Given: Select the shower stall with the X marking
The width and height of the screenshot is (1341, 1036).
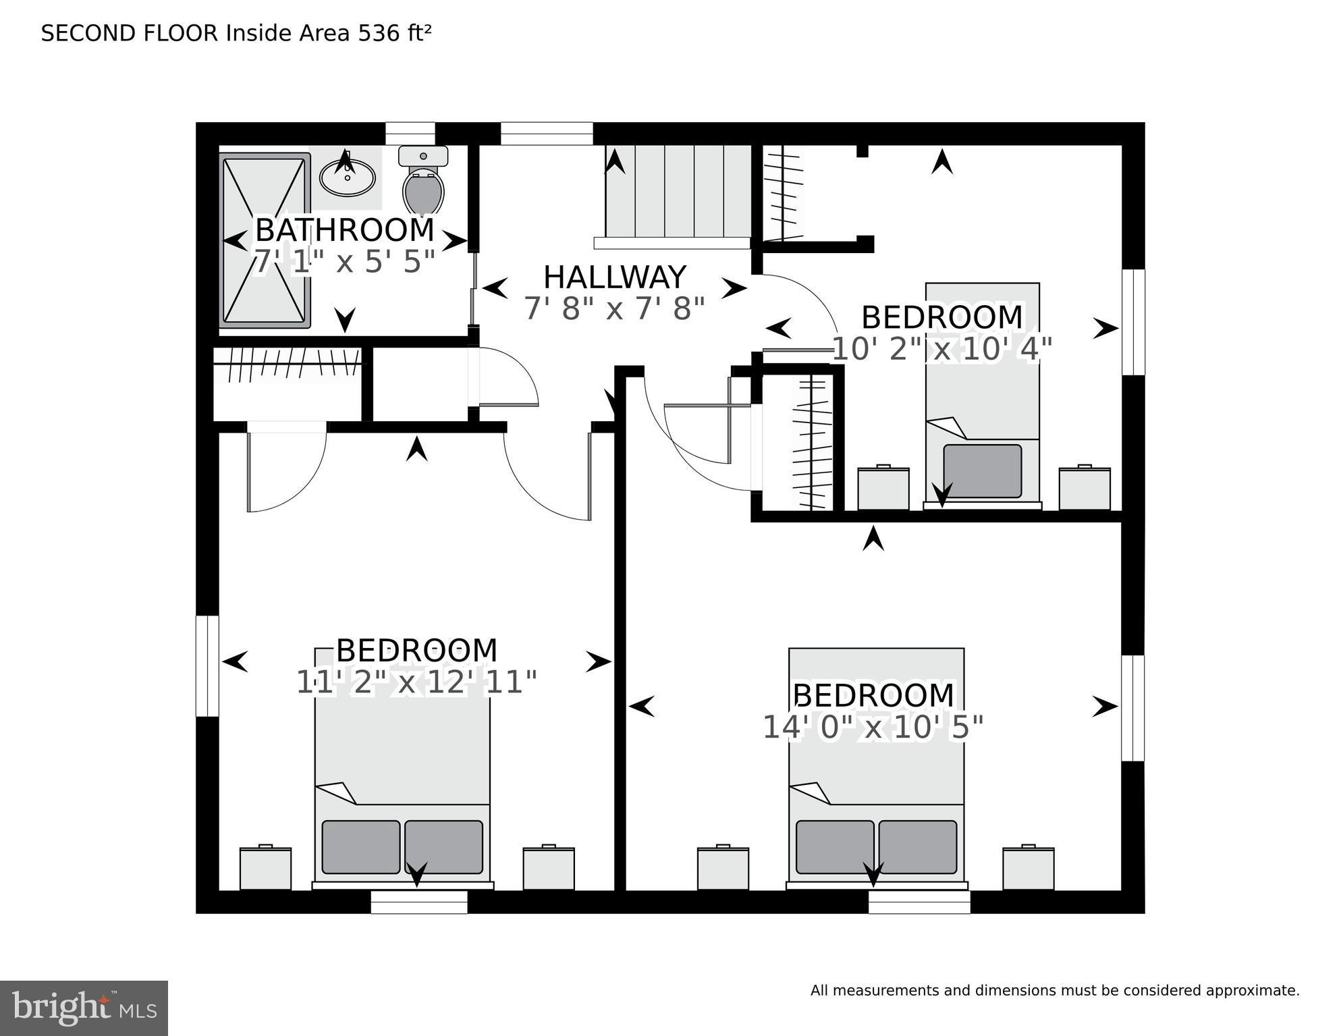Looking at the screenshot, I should pyautogui.click(x=265, y=241).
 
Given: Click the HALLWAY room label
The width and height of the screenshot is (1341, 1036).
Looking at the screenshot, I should pyautogui.click(x=614, y=277).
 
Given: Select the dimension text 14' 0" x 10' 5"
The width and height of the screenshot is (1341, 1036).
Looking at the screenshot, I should pyautogui.click(x=873, y=728).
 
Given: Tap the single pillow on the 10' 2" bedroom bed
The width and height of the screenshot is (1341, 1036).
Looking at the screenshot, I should pyautogui.click(x=982, y=471).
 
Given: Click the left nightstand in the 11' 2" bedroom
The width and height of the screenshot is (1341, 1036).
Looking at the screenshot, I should pyautogui.click(x=265, y=869).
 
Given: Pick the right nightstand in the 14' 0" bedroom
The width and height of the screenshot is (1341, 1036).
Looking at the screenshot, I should pyautogui.click(x=1028, y=869).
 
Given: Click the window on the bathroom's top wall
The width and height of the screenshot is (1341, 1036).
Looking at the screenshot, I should pyautogui.click(x=410, y=133).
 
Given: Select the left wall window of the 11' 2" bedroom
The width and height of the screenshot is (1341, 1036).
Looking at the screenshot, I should pyautogui.click(x=207, y=665).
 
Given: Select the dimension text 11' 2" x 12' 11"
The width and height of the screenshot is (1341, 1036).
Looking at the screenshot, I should pyautogui.click(x=416, y=682).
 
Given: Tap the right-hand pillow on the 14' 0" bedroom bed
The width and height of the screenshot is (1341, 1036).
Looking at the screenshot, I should pyautogui.click(x=917, y=847).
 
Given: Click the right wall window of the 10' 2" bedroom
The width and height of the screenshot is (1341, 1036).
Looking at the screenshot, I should pyautogui.click(x=1133, y=322).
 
